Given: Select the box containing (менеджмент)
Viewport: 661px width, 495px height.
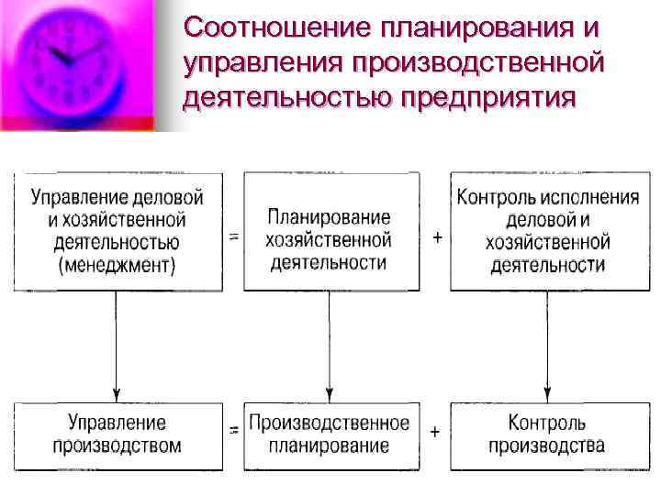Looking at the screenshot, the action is click(x=118, y=232).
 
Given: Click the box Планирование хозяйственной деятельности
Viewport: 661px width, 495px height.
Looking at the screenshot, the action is click(x=329, y=232).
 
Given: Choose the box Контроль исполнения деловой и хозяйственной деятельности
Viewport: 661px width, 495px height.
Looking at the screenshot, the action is click(x=548, y=232).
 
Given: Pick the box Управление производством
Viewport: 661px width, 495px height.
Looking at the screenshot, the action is click(x=118, y=435).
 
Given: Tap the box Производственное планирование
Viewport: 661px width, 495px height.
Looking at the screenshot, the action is click(x=329, y=435).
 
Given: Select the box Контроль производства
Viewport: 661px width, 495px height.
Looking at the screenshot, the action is click(x=548, y=435).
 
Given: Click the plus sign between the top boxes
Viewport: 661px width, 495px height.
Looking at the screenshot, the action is click(x=436, y=237).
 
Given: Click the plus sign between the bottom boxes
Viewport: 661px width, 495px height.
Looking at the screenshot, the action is click(x=434, y=431).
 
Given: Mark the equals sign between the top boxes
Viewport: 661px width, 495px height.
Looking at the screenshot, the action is click(x=233, y=236).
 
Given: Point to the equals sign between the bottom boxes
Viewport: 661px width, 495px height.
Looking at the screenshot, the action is click(x=233, y=429).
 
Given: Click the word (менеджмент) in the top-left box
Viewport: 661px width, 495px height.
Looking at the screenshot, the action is click(x=118, y=266).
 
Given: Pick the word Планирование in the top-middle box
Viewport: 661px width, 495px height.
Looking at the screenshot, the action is click(x=329, y=218).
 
